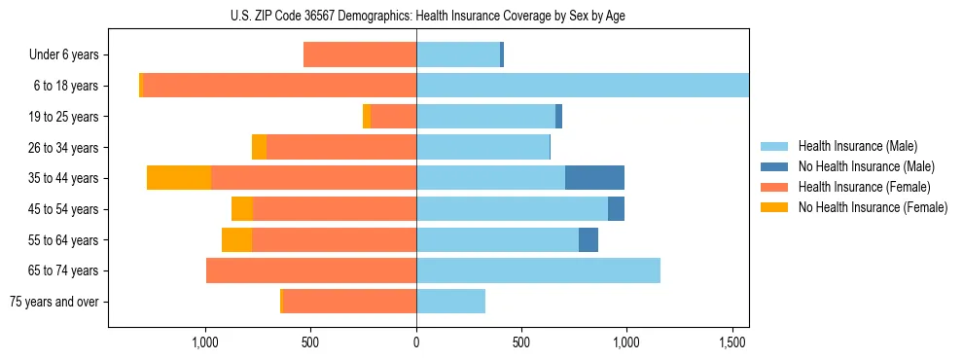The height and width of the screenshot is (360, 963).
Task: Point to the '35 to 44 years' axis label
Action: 65,178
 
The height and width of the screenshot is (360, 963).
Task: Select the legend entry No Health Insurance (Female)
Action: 872,207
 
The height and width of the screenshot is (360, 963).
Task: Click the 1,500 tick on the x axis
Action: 731,343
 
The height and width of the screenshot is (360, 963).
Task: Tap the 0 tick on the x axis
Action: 416,343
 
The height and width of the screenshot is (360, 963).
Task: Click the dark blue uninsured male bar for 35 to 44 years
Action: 594,178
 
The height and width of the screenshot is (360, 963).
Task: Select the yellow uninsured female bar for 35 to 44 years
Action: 179,178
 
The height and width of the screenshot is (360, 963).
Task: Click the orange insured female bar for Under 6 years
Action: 360,54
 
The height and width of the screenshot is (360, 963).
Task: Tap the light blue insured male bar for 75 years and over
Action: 450,302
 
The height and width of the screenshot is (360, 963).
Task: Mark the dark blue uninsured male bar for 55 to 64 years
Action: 588,239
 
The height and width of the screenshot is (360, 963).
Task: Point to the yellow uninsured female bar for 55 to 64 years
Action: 236,239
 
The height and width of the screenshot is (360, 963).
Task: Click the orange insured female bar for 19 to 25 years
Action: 393,117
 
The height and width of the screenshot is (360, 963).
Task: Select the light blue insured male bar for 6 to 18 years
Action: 582,86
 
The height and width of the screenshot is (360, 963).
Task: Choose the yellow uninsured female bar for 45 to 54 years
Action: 242,209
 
